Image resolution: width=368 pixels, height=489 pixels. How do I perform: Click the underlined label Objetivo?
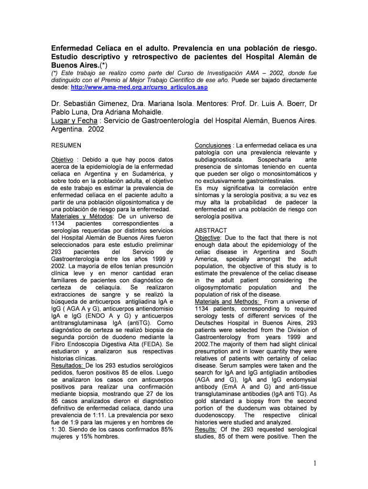coord(62,159)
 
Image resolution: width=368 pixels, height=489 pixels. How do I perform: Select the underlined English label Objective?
coord(208,237)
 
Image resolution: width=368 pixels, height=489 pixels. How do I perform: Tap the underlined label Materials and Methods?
coord(227,301)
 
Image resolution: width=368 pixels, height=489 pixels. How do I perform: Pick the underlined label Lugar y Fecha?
coord(74,121)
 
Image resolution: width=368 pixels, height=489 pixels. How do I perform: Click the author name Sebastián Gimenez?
coord(97,104)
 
